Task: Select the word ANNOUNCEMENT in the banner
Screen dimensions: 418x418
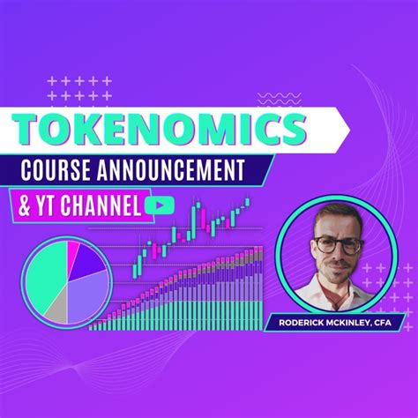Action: tap(188, 170)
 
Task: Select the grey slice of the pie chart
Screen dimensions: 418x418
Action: tap(57, 309)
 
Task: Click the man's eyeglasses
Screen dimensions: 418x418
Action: tap(336, 243)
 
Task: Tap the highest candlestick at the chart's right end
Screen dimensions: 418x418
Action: tap(248, 202)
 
